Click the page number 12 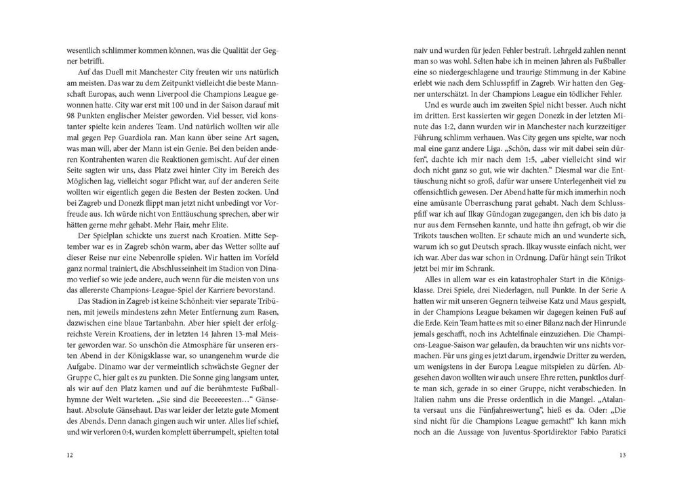70,454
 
